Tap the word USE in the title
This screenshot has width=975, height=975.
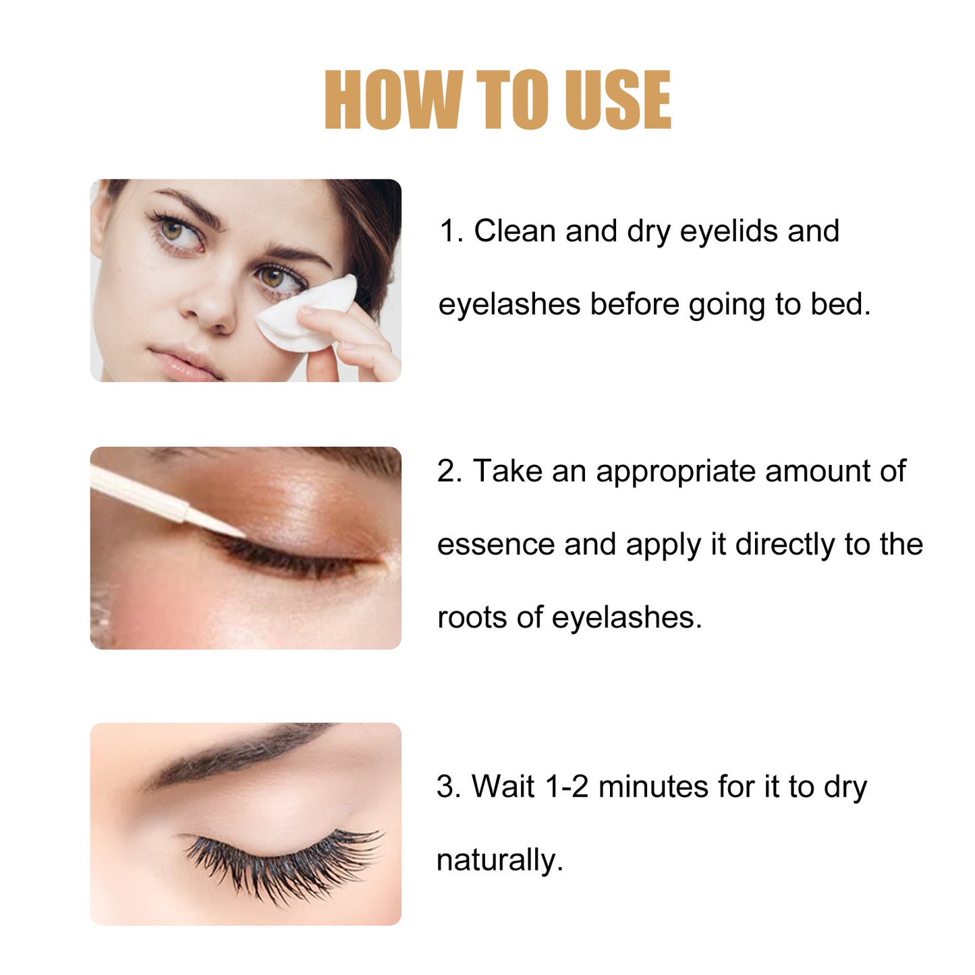[x=617, y=100]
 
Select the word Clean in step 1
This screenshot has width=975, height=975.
[x=514, y=231]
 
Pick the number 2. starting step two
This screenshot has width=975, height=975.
[x=449, y=471]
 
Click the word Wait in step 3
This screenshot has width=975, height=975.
[x=503, y=787]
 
